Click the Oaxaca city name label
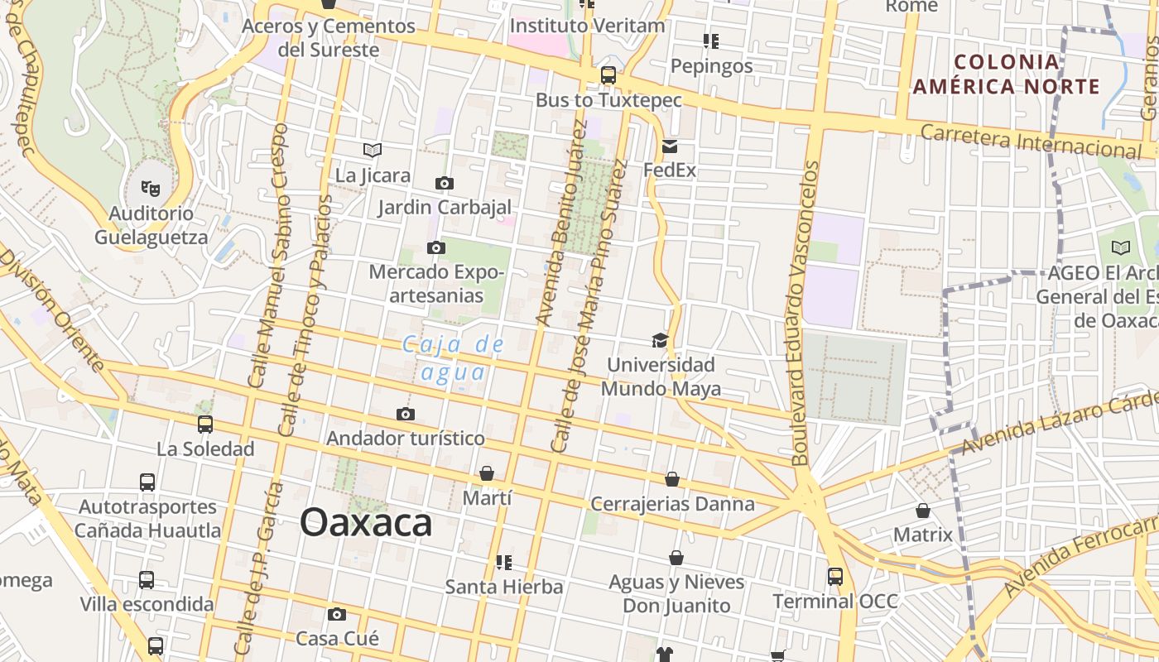tap(366, 522)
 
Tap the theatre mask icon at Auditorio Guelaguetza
tap(151, 188)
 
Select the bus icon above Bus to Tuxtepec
tap(608, 75)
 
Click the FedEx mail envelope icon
tap(670, 146)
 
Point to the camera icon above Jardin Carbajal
tap(445, 183)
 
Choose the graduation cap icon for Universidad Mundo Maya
tap(660, 340)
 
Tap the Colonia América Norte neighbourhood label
tap(1006, 74)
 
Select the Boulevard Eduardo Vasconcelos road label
tap(804, 313)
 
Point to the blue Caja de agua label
tap(453, 357)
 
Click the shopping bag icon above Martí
tap(487, 473)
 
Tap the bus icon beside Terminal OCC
tap(835, 576)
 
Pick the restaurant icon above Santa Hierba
tap(503, 563)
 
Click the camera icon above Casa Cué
tap(336, 614)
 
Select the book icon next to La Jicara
tap(373, 150)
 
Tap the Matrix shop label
tap(923, 535)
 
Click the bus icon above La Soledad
tap(205, 425)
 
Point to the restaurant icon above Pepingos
tap(710, 41)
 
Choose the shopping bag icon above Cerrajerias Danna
tap(672, 479)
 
